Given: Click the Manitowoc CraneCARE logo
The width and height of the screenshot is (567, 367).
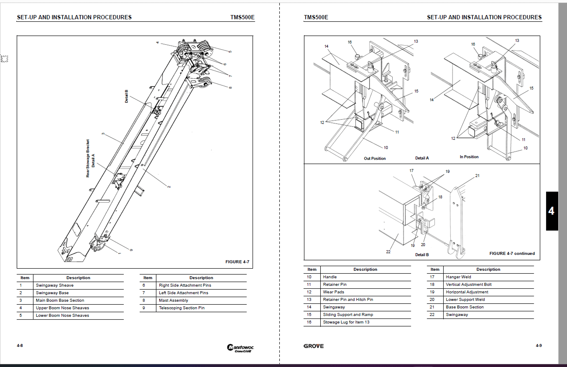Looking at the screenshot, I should (x=240, y=348).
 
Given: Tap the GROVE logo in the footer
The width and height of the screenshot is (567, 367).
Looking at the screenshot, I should (x=314, y=346).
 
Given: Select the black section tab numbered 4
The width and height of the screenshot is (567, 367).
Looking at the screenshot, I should (x=552, y=211).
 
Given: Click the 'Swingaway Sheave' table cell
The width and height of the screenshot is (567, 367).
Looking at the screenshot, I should (x=54, y=285).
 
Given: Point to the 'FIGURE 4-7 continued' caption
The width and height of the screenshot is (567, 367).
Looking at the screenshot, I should (x=512, y=254).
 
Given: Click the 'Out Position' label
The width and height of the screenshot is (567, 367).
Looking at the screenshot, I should (x=375, y=159).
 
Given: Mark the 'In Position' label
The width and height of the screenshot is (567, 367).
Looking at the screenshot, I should (x=469, y=157).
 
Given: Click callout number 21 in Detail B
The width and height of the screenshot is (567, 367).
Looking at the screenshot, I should (x=477, y=176).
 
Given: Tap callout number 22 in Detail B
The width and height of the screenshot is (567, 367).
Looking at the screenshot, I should (x=388, y=252).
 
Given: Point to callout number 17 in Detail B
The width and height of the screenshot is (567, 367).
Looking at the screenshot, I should (x=411, y=171).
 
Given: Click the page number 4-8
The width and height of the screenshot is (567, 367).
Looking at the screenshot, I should (x=20, y=346).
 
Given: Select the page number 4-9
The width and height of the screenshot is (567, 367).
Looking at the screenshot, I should (x=539, y=346).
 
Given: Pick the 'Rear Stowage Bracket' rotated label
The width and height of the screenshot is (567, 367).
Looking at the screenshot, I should (x=88, y=158).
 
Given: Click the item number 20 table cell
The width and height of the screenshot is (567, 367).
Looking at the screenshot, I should (x=435, y=300).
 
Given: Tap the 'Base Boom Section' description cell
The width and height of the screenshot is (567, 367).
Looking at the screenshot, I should (x=465, y=307).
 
